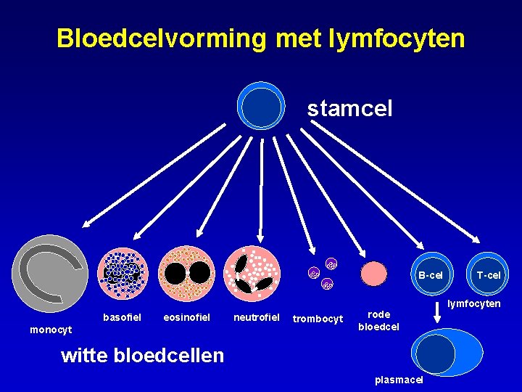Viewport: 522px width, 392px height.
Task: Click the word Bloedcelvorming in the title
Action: click(x=161, y=38)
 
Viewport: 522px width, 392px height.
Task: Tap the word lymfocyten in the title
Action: click(x=397, y=38)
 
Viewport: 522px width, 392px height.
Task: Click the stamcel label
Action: click(x=349, y=109)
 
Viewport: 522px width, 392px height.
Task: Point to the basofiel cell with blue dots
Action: click(x=123, y=274)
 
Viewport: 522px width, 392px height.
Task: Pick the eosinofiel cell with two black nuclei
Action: click(x=187, y=274)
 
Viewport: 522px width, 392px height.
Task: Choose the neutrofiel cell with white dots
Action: click(x=252, y=274)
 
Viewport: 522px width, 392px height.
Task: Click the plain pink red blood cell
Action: click(x=374, y=274)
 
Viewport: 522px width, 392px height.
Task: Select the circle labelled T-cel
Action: click(x=488, y=274)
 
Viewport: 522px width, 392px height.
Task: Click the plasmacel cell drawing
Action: click(x=445, y=354)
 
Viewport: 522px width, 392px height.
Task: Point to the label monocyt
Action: click(x=51, y=330)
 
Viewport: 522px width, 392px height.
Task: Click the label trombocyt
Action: click(x=317, y=319)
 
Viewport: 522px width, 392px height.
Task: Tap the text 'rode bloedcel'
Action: click(x=378, y=320)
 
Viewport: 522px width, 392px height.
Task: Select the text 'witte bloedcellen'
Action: click(x=143, y=355)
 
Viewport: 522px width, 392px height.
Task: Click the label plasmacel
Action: click(x=399, y=380)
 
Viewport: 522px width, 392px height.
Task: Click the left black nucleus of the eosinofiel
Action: click(x=175, y=273)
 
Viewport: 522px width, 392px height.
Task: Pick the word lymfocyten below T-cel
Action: click(x=473, y=303)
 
